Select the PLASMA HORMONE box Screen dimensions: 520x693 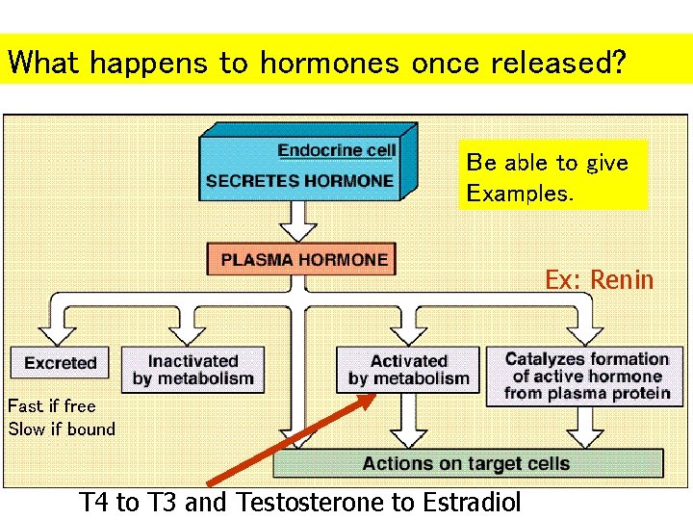point(303,259)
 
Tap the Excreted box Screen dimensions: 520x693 point(61,363)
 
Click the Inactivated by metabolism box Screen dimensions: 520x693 point(192,370)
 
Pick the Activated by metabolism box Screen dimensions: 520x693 point(408,370)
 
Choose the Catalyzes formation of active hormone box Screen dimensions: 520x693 point(587,376)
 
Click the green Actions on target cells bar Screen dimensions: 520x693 point(467,463)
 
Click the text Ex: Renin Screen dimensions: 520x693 point(599,280)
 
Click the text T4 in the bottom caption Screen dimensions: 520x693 point(93,502)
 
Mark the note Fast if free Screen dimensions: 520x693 point(52,405)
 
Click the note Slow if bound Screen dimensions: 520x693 point(62,429)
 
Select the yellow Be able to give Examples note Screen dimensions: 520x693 point(552,177)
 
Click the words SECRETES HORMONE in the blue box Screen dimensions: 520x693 point(299,180)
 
